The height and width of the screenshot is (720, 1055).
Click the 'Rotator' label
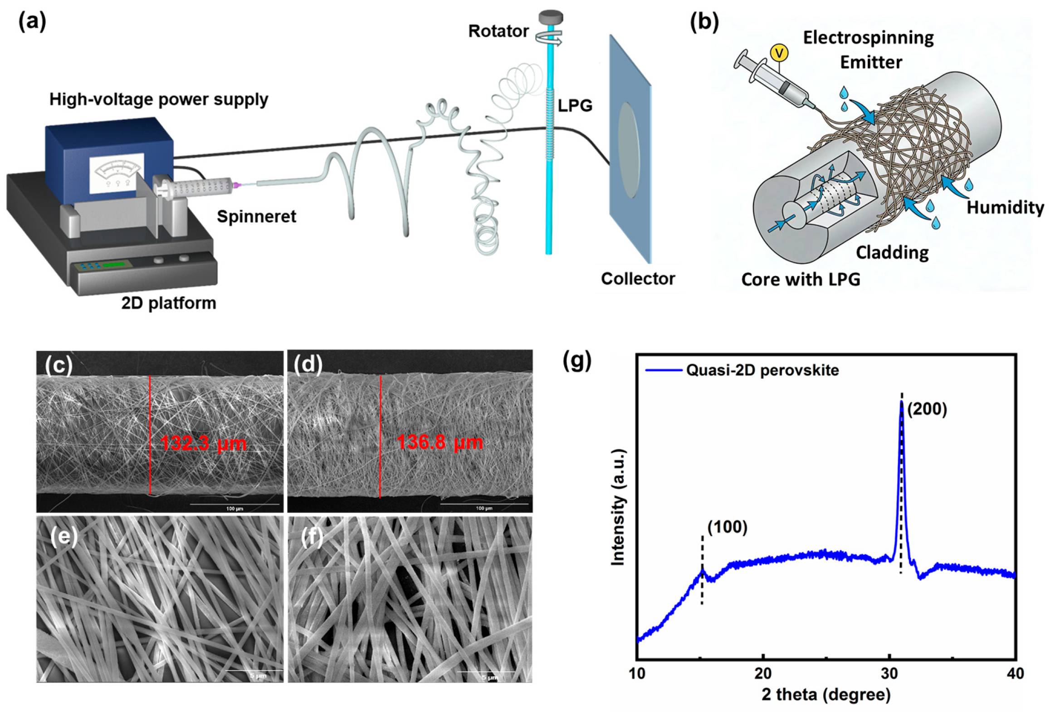tap(498, 31)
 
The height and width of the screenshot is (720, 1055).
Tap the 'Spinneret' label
tap(256, 217)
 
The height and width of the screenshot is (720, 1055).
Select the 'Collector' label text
tap(638, 278)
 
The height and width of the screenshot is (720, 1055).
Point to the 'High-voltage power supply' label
tap(158, 99)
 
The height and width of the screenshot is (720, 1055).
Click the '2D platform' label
tap(168, 303)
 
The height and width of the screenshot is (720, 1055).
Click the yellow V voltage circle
tap(779, 54)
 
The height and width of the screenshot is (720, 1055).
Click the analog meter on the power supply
tap(117, 173)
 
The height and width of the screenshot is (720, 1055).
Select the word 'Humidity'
tap(1005, 207)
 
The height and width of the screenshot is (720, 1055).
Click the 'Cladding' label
tap(892, 252)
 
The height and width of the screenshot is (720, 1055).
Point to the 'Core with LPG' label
tap(801, 279)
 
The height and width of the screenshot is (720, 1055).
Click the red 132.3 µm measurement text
tap(203, 443)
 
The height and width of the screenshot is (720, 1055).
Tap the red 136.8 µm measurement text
tap(440, 442)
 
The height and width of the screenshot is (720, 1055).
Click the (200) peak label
tap(927, 409)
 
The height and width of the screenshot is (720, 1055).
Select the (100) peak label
tap(727, 527)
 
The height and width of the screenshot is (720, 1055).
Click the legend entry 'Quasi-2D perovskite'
tap(762, 370)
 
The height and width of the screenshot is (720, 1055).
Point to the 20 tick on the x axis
tap(763, 674)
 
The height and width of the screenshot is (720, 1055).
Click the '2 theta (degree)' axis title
tap(826, 695)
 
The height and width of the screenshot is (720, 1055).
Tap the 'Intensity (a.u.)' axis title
tap(617, 508)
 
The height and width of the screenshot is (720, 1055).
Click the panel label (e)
tap(64, 538)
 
